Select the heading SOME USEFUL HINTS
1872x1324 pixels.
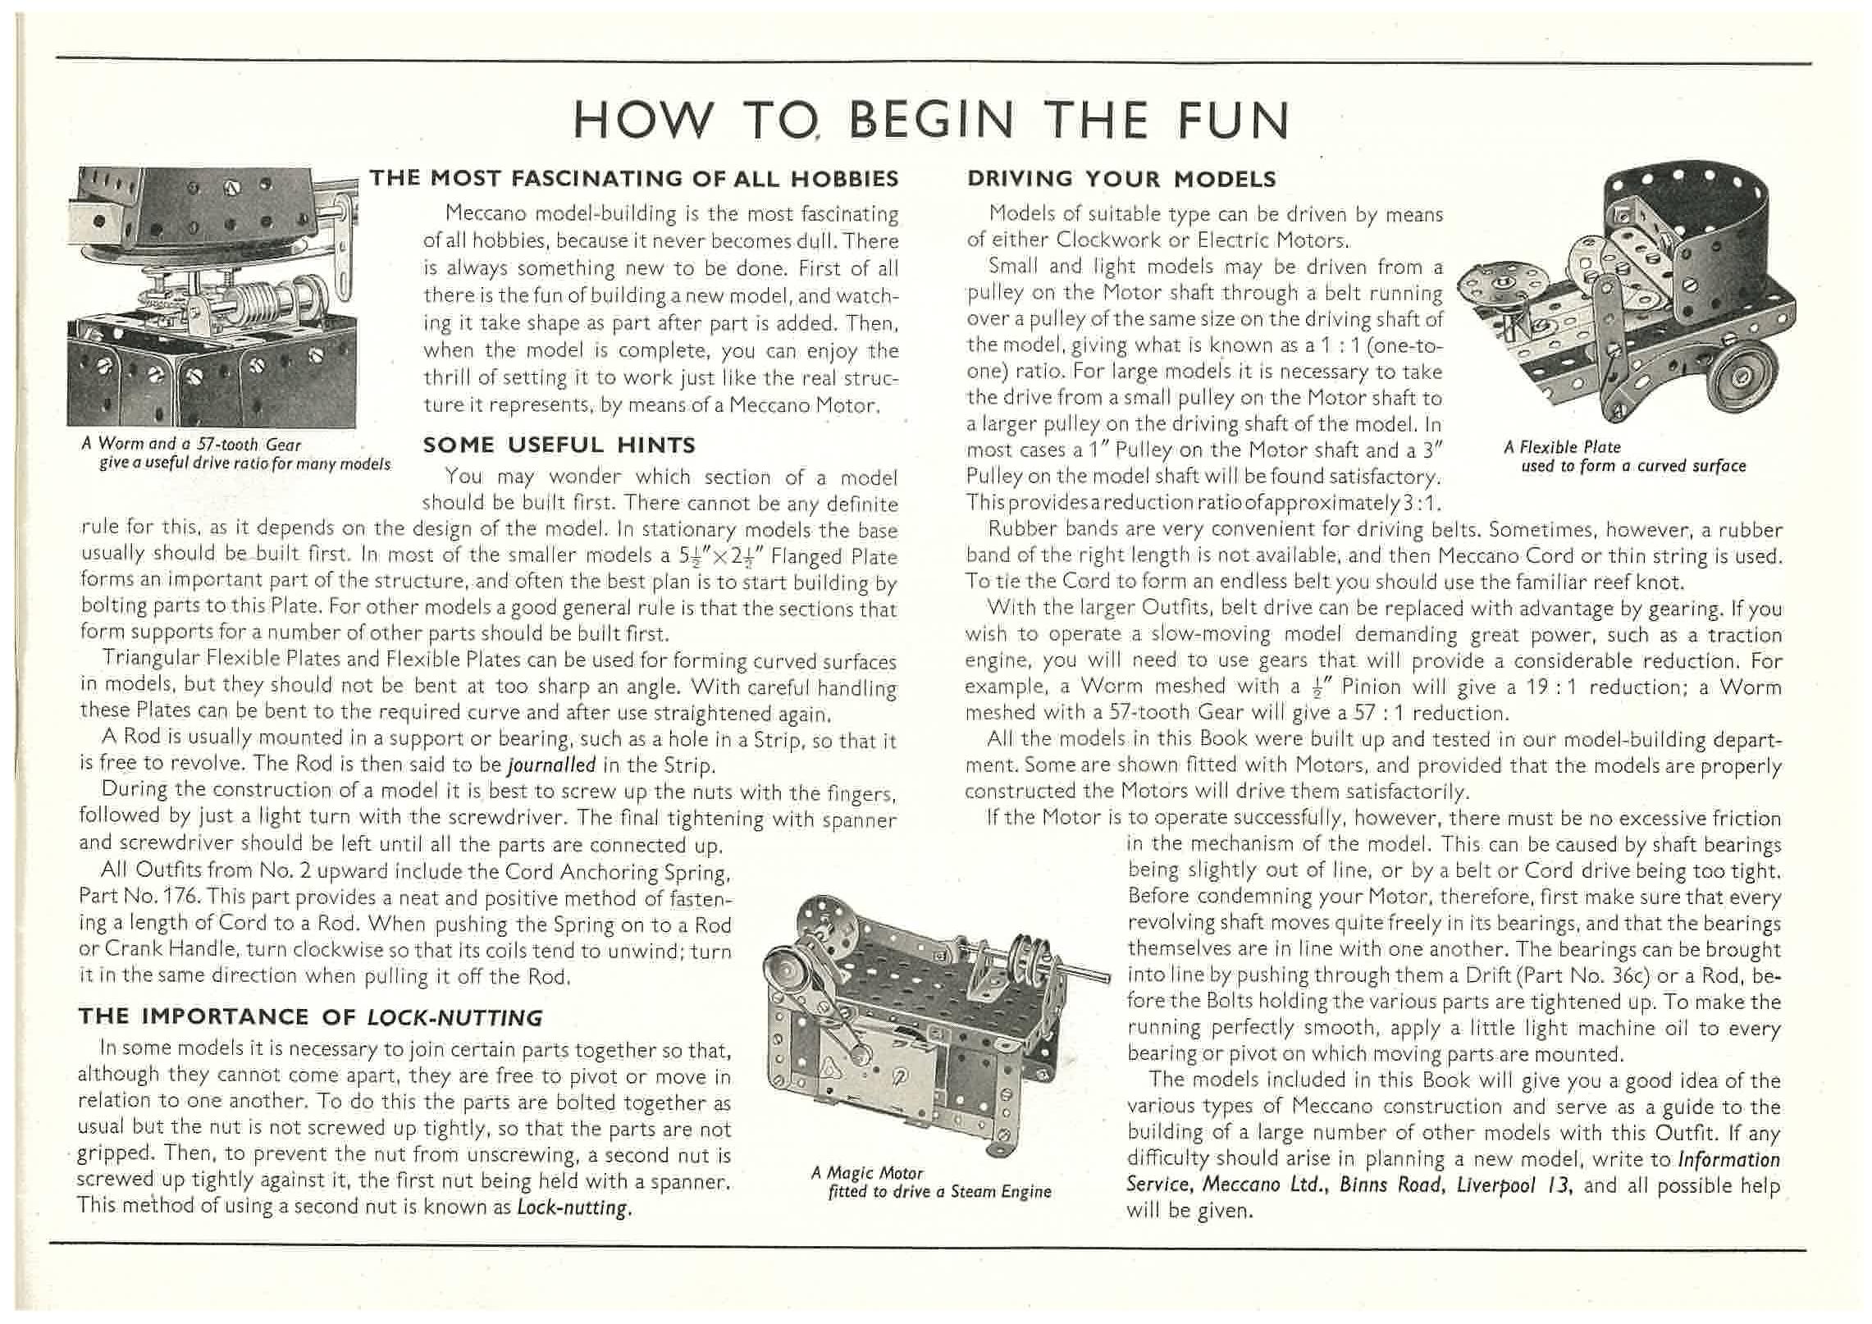[x=559, y=445]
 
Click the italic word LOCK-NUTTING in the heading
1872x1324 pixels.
[x=454, y=1018]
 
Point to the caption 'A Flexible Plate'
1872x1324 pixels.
[x=1562, y=447]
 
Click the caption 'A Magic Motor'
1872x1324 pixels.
[x=867, y=1173]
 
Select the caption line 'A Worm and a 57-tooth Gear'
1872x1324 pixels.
[x=191, y=445]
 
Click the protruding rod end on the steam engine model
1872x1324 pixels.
[x=1091, y=975]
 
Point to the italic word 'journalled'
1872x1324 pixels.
[x=552, y=765]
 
